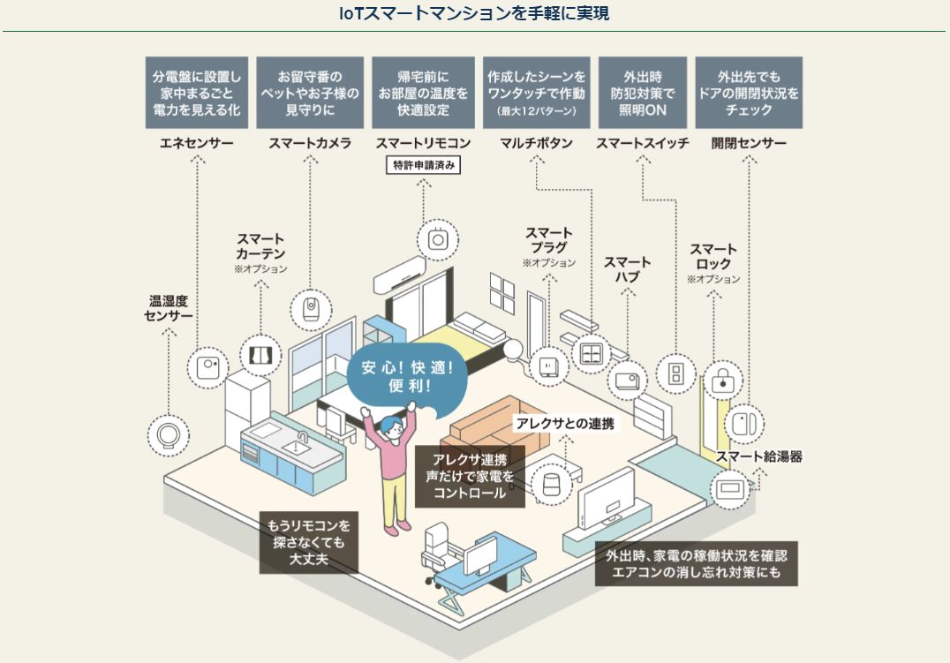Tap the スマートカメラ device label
(x=310, y=142)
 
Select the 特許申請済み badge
(x=424, y=164)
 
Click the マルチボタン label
(x=536, y=142)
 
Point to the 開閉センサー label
(x=749, y=142)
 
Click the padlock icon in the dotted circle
(x=724, y=380)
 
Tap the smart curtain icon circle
(x=260, y=355)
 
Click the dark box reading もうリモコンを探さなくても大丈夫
(x=309, y=542)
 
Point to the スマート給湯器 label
(x=758, y=456)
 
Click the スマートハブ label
(x=628, y=269)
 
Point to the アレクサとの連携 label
(x=565, y=424)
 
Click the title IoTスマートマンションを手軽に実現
(x=474, y=13)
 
